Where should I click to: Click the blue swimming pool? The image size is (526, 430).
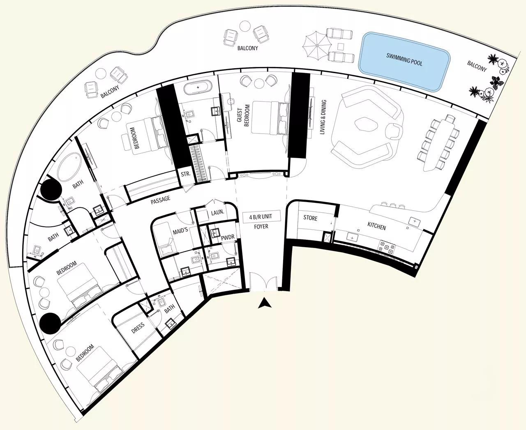[x=404, y=62]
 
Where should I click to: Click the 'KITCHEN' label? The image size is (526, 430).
[x=376, y=226]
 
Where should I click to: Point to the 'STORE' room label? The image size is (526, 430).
[x=310, y=218]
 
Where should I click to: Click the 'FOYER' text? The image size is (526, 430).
[x=261, y=226]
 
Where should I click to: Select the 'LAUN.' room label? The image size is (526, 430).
[x=217, y=213]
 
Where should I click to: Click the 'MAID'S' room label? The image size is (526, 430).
[x=180, y=231]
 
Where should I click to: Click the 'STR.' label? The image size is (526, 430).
[x=186, y=174]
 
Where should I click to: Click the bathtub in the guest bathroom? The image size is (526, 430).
[x=198, y=87]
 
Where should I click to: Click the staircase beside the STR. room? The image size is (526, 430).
[x=199, y=161]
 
